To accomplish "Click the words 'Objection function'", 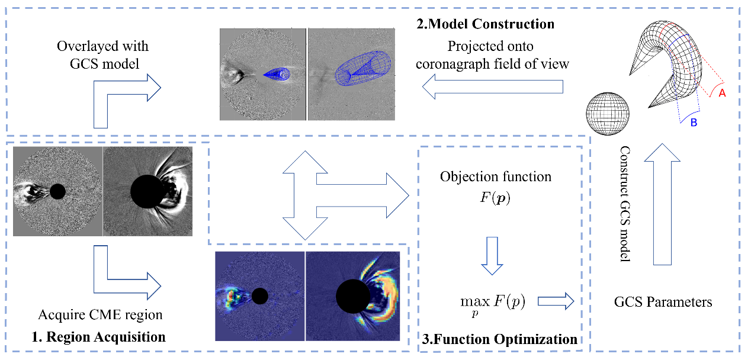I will tap(495, 176).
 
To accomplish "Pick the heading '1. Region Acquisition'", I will tap(98, 337).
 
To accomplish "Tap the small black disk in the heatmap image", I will tap(259, 296).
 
